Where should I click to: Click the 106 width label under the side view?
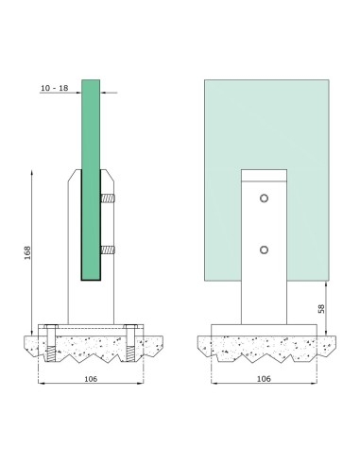[91, 378]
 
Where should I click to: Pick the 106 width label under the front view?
[264, 378]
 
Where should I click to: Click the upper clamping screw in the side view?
[109, 199]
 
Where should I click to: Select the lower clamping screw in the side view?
[109, 250]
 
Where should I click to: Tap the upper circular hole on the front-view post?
[264, 199]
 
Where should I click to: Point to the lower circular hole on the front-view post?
[264, 250]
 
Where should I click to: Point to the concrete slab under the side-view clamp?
[91, 350]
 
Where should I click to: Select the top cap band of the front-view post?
[264, 175]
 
